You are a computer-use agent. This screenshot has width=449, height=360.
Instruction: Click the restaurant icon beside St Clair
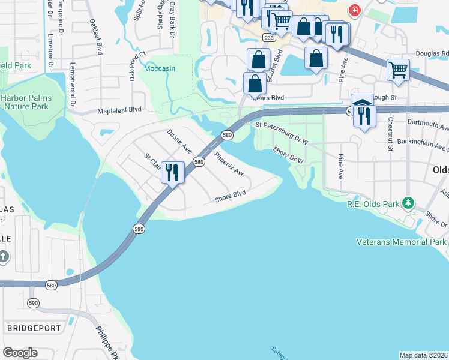pyautogui.click(x=172, y=172)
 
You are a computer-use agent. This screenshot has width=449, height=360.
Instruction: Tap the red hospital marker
pyautogui.click(x=355, y=11)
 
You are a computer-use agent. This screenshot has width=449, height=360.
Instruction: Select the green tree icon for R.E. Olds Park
pyautogui.click(x=409, y=203)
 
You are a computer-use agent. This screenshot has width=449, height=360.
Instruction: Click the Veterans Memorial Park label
pyautogui.click(x=401, y=242)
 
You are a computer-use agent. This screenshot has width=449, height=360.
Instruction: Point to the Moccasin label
pyautogui.click(x=160, y=68)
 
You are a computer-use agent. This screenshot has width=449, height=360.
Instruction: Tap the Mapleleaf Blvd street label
pyautogui.click(x=119, y=110)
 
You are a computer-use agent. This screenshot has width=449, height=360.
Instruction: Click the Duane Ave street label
pyautogui.click(x=179, y=141)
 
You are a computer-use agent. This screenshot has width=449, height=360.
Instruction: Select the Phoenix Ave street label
pyautogui.click(x=229, y=164)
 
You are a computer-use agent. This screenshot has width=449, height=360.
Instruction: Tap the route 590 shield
pyautogui.click(x=33, y=304)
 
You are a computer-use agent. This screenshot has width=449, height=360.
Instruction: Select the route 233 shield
pyautogui.click(x=269, y=37)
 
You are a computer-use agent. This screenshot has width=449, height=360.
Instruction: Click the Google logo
pyautogui.click(x=20, y=352)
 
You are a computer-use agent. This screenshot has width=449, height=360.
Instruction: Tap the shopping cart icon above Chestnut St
pyautogui.click(x=398, y=70)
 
